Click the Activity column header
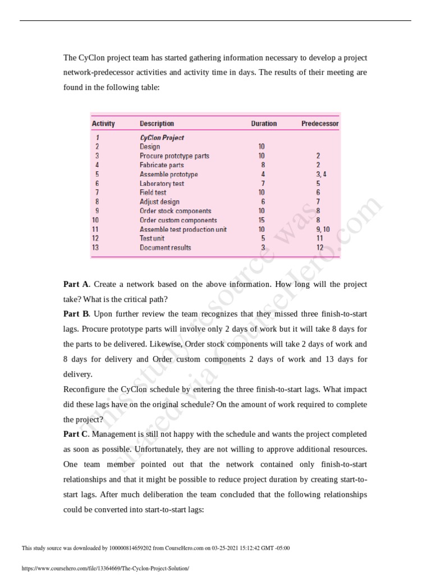pyautogui.click(x=103, y=124)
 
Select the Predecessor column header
pyautogui.click(x=319, y=124)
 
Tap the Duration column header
pyautogui.click(x=263, y=124)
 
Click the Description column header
pyautogui.click(x=157, y=124)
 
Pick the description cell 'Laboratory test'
pyautogui.click(x=162, y=184)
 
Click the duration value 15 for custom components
pyautogui.click(x=262, y=221)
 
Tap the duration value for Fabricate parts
pyautogui.click(x=262, y=165)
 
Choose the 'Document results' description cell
pyautogui.click(x=165, y=248)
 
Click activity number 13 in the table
pyautogui.click(x=96, y=248)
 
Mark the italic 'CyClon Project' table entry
pyautogui.click(x=162, y=138)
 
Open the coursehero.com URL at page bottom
pyautogui.click(x=106, y=568)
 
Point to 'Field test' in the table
pyautogui.click(x=153, y=193)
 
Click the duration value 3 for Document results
pyautogui.click(x=263, y=248)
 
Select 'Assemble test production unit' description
pyautogui.click(x=183, y=230)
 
